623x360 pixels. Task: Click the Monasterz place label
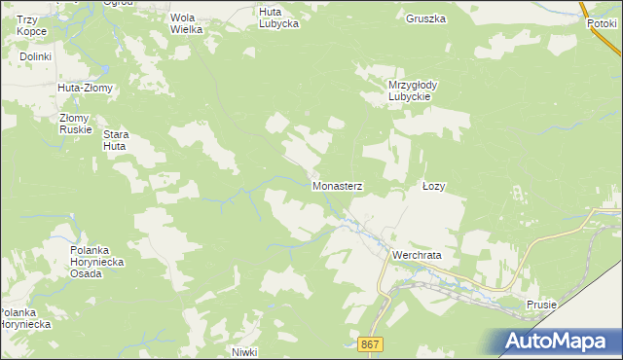point(337,184)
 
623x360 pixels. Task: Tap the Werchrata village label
point(417,255)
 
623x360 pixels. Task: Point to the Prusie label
point(541,305)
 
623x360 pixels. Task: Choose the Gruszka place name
point(425,18)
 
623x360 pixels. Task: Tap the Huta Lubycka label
point(278,18)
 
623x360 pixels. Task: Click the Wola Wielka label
point(186,23)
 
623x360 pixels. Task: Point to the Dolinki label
point(35,57)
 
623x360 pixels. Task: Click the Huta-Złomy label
point(86,88)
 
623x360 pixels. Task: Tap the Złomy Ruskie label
point(74,123)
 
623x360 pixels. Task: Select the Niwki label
point(243,350)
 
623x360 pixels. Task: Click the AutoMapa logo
point(559,342)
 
